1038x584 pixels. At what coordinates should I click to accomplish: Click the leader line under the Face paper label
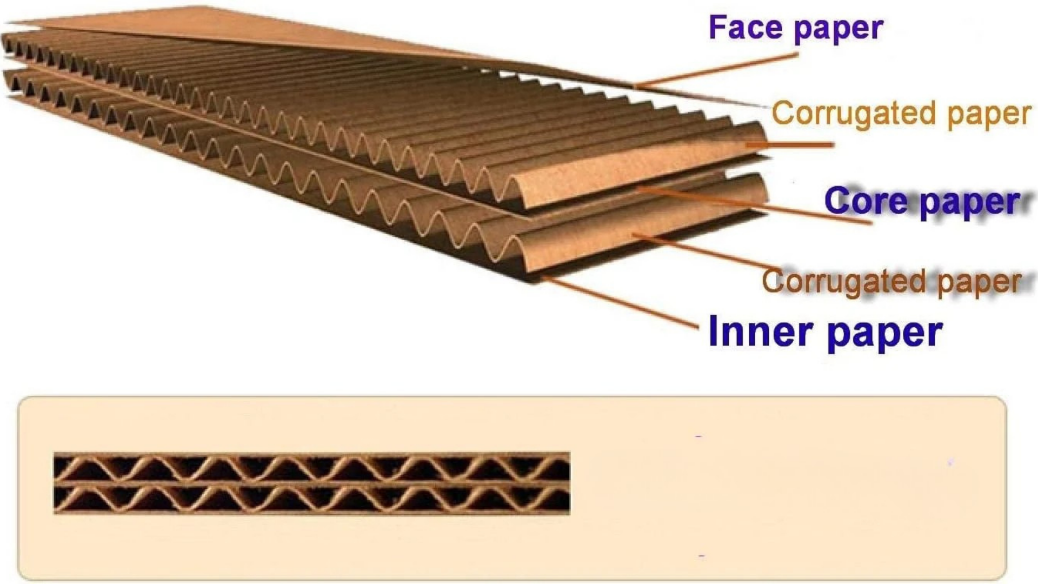716,70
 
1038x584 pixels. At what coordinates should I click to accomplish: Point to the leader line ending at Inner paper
620,302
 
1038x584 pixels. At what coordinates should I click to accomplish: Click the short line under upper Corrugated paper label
790,145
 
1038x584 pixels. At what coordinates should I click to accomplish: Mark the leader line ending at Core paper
755,205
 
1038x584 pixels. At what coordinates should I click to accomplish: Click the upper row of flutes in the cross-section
312,468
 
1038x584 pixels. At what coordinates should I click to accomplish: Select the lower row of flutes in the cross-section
312,499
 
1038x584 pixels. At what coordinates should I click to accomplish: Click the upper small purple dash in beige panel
698,436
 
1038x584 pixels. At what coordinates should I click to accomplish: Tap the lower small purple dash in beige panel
702,556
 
